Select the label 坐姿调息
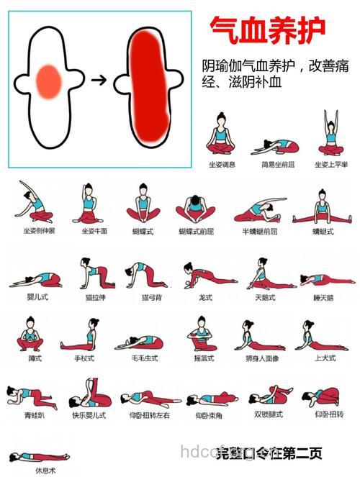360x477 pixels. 222,164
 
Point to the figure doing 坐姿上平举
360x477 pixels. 331,134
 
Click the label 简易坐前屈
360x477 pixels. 274,164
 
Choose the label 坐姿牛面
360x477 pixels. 94,231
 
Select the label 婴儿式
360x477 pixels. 37,296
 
